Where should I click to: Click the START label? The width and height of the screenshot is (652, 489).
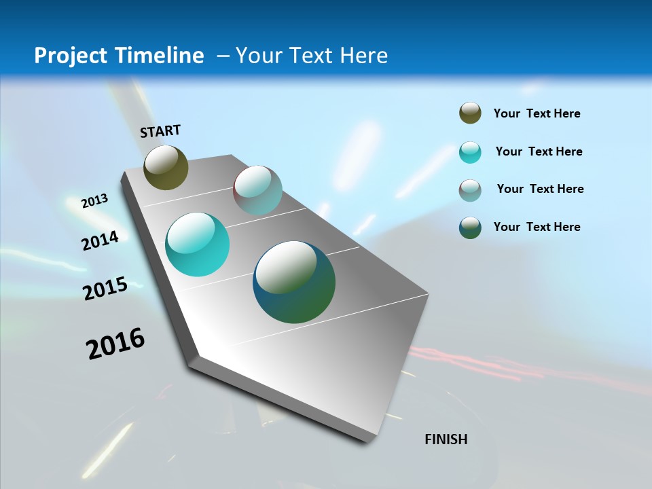click(160, 131)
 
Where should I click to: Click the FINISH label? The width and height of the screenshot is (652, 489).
click(446, 439)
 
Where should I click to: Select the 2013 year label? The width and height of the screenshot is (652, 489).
click(94, 200)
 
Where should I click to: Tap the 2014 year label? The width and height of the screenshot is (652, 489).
click(100, 240)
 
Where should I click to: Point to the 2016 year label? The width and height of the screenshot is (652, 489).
click(115, 344)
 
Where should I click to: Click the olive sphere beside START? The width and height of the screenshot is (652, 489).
click(166, 167)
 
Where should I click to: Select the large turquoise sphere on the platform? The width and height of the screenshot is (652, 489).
click(197, 244)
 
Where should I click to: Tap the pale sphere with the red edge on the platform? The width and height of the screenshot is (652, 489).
click(257, 190)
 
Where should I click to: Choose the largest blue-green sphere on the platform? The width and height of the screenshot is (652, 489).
click(294, 282)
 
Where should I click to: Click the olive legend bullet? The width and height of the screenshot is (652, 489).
click(470, 113)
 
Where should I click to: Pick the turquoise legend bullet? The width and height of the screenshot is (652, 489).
click(470, 152)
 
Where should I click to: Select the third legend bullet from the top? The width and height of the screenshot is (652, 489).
click(470, 189)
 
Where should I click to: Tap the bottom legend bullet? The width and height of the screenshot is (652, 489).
click(470, 228)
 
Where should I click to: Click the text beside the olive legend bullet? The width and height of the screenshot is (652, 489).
click(537, 113)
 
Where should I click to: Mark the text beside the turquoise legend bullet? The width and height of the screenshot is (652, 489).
click(539, 151)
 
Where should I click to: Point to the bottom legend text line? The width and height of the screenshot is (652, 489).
click(537, 227)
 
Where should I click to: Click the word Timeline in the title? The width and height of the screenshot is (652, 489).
click(160, 55)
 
